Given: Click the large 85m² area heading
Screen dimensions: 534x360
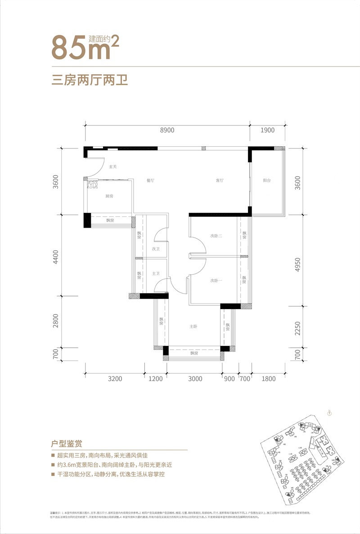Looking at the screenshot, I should point(85,46).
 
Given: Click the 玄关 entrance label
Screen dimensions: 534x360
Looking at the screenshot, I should point(112,167).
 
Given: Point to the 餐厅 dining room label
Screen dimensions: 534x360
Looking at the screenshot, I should point(150,180).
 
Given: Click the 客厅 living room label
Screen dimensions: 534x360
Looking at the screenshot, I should point(220,180).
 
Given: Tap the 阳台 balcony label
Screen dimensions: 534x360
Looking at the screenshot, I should point(267,180).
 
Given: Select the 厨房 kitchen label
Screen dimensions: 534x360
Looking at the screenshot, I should point(109,197).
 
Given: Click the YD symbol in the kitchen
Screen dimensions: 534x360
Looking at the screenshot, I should point(92,185).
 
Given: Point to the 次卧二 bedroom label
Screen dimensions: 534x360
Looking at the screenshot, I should point(216,236).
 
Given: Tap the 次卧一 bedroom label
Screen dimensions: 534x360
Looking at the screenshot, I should point(216,280).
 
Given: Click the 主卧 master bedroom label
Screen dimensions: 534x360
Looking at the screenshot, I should point(194,327).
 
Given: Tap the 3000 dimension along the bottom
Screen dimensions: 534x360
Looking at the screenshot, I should point(195,379).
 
